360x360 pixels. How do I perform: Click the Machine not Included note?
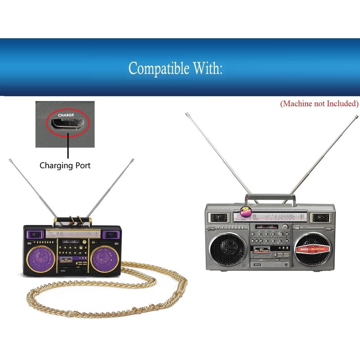coord(319,103)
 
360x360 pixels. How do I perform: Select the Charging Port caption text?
coord(65,166)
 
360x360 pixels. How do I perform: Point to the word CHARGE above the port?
coord(66,115)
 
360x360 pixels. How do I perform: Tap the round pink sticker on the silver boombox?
coord(245,212)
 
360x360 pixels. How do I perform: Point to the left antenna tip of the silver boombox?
coord(186,114)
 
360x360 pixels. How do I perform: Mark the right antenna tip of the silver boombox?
coord(358,117)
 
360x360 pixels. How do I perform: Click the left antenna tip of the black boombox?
coord(10,159)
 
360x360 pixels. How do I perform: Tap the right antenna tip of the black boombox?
coord(133,159)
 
